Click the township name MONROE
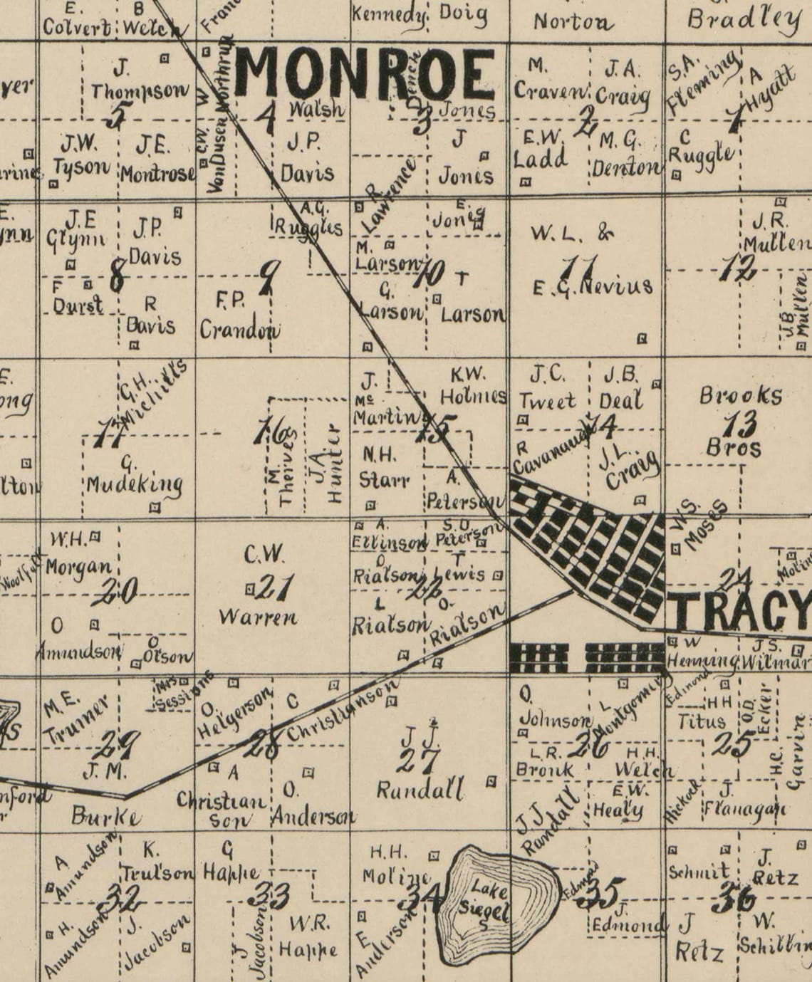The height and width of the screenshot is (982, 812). click(365, 74)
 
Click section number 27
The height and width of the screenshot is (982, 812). click(418, 760)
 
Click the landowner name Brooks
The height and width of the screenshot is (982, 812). click(741, 396)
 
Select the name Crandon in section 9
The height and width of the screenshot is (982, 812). click(239, 330)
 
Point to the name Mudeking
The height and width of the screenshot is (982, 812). click(135, 486)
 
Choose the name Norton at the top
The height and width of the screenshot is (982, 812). click(573, 22)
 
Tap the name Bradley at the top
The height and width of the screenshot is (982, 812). click(744, 19)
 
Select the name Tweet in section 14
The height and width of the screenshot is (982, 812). click(547, 401)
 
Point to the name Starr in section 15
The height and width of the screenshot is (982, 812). click(385, 479)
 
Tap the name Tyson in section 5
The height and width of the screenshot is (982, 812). click(85, 168)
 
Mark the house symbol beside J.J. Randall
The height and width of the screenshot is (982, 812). click(490, 781)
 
